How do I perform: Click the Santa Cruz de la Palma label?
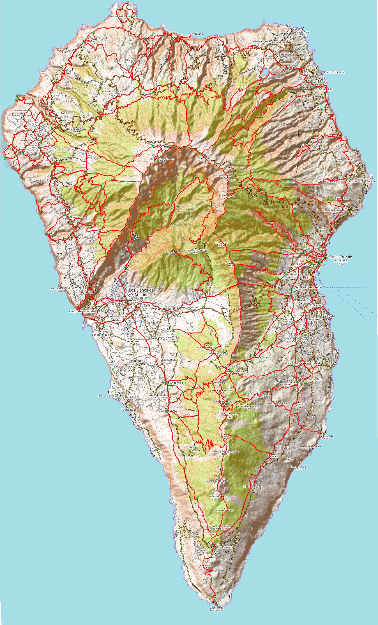point(340,259)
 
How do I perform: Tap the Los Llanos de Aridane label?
point(141,292)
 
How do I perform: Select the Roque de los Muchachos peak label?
point(162,160)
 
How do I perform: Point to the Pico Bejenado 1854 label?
point(173,253)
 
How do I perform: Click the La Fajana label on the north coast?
point(197,34)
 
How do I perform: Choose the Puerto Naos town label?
point(129,410)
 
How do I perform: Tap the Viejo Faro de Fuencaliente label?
point(217,609)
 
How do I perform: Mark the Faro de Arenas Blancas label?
point(325,437)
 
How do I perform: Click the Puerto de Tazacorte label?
point(82,311)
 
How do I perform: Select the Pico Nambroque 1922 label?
point(230,416)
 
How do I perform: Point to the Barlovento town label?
point(278,43)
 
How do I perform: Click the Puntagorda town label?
point(47,139)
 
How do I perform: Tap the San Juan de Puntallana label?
point(361,181)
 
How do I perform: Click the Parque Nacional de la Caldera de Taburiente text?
point(183,207)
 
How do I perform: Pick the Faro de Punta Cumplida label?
point(302,33)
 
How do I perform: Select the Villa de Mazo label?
point(314,379)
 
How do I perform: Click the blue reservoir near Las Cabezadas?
point(265,72)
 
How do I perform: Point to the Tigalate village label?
point(273,456)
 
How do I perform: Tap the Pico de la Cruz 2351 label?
point(203,160)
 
